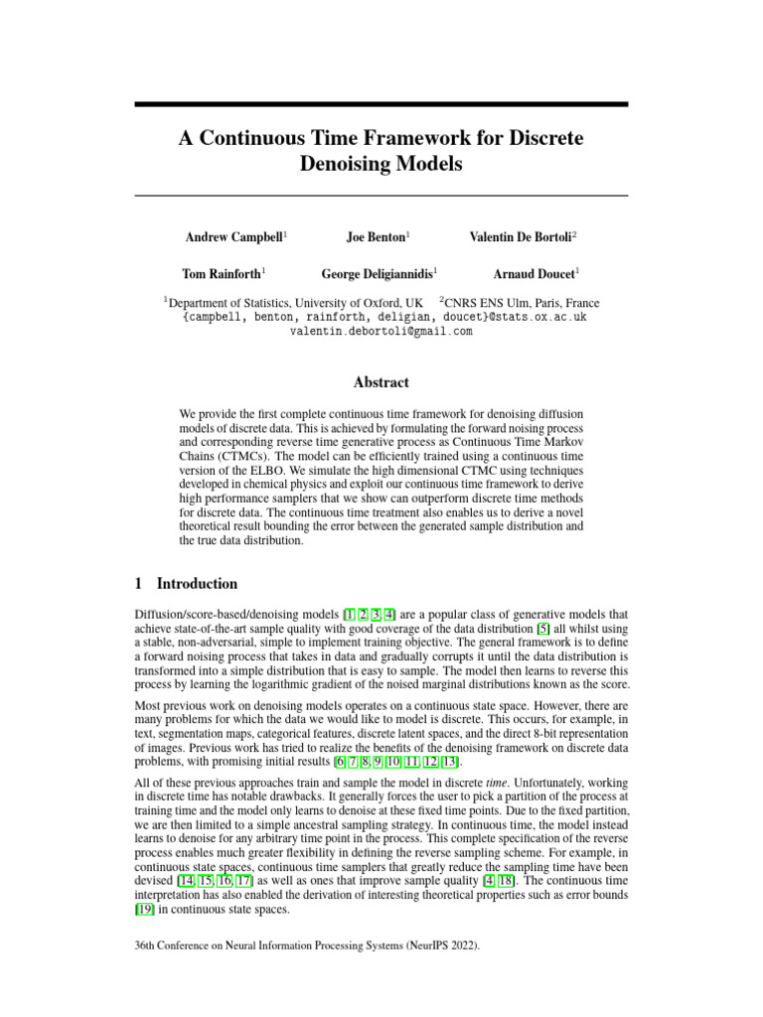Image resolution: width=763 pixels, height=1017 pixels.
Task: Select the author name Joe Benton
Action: [x=377, y=237]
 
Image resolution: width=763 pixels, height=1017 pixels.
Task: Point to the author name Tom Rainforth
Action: [x=222, y=273]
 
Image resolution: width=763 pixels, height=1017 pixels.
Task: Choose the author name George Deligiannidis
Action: [x=379, y=273]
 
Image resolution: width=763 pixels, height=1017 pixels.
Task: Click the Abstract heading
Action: [x=381, y=381]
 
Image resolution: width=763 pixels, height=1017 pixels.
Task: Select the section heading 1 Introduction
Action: [x=186, y=584]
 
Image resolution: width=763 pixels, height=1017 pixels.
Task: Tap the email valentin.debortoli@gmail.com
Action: [x=381, y=332]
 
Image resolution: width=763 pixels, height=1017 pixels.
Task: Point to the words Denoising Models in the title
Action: [x=381, y=165]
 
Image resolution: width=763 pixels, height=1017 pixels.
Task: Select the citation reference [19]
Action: [x=145, y=909]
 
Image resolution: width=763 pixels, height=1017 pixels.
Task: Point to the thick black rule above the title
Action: [x=381, y=104]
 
